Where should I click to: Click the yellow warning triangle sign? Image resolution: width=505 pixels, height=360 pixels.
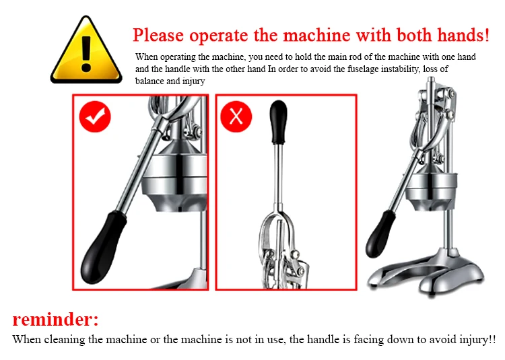86,51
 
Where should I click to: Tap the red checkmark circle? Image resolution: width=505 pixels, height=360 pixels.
95,116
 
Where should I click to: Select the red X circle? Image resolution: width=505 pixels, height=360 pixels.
236,116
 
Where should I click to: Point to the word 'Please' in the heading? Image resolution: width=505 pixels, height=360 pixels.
158,35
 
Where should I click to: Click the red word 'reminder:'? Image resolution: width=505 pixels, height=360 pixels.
55,319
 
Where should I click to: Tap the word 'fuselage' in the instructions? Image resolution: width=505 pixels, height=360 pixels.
363,69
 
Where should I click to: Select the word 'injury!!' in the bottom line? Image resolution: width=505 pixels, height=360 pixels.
477,339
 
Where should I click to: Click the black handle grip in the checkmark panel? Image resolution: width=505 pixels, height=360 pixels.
102,247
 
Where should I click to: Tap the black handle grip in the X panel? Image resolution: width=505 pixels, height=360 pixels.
278,122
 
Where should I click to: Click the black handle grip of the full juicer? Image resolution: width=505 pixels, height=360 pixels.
380,234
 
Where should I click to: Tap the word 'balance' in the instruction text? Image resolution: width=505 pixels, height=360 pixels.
149,81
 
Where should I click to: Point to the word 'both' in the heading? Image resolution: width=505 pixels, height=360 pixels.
414,35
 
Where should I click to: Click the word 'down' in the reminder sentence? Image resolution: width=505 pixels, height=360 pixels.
399,339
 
